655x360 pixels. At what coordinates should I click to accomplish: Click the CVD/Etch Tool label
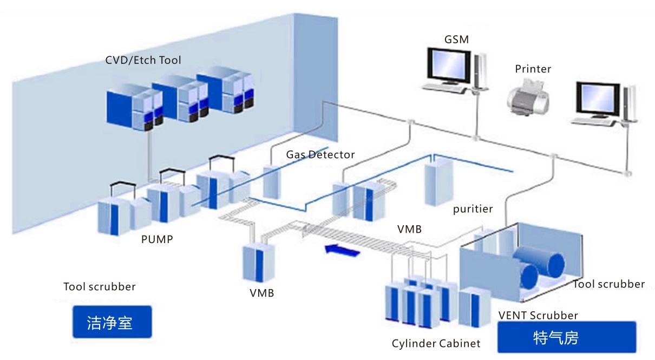pyautogui.click(x=143, y=60)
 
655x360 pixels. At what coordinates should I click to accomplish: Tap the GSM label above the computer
pyautogui.click(x=456, y=40)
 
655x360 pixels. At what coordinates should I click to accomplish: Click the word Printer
pyautogui.click(x=533, y=69)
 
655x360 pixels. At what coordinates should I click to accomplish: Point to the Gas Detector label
pyautogui.click(x=320, y=155)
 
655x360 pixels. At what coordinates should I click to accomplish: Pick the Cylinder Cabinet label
pyautogui.click(x=436, y=344)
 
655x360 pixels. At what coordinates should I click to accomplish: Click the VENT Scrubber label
pyautogui.click(x=538, y=315)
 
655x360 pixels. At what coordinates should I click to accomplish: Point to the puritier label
pyautogui.click(x=473, y=209)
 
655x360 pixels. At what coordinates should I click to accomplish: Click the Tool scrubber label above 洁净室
pyautogui.click(x=100, y=286)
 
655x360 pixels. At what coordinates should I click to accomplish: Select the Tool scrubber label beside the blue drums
pyautogui.click(x=608, y=284)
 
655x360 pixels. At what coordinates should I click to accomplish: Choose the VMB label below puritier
pyautogui.click(x=409, y=229)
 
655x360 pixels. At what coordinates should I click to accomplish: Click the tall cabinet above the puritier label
pyautogui.click(x=437, y=183)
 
